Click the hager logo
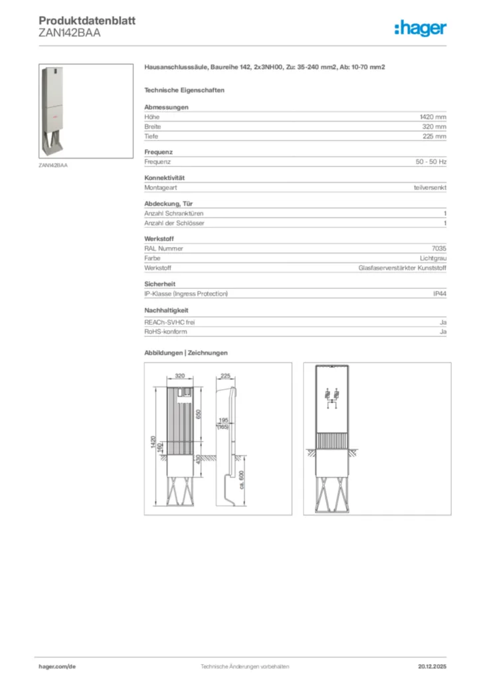pos(420,29)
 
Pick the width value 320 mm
pos(434,126)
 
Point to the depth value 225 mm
pos(434,136)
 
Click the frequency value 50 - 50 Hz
pos(431,161)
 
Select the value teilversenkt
pos(430,188)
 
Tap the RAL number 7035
pos(438,248)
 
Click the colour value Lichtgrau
pos(433,258)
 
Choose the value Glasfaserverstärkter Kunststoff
pos(402,268)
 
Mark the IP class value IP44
pos(439,294)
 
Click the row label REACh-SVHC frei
pos(169,322)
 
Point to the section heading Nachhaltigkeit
pos(166,310)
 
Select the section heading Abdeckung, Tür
pos(169,204)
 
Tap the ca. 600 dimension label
pos(242,479)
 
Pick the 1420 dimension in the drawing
pos(153,444)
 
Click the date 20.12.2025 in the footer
pos(432,666)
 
